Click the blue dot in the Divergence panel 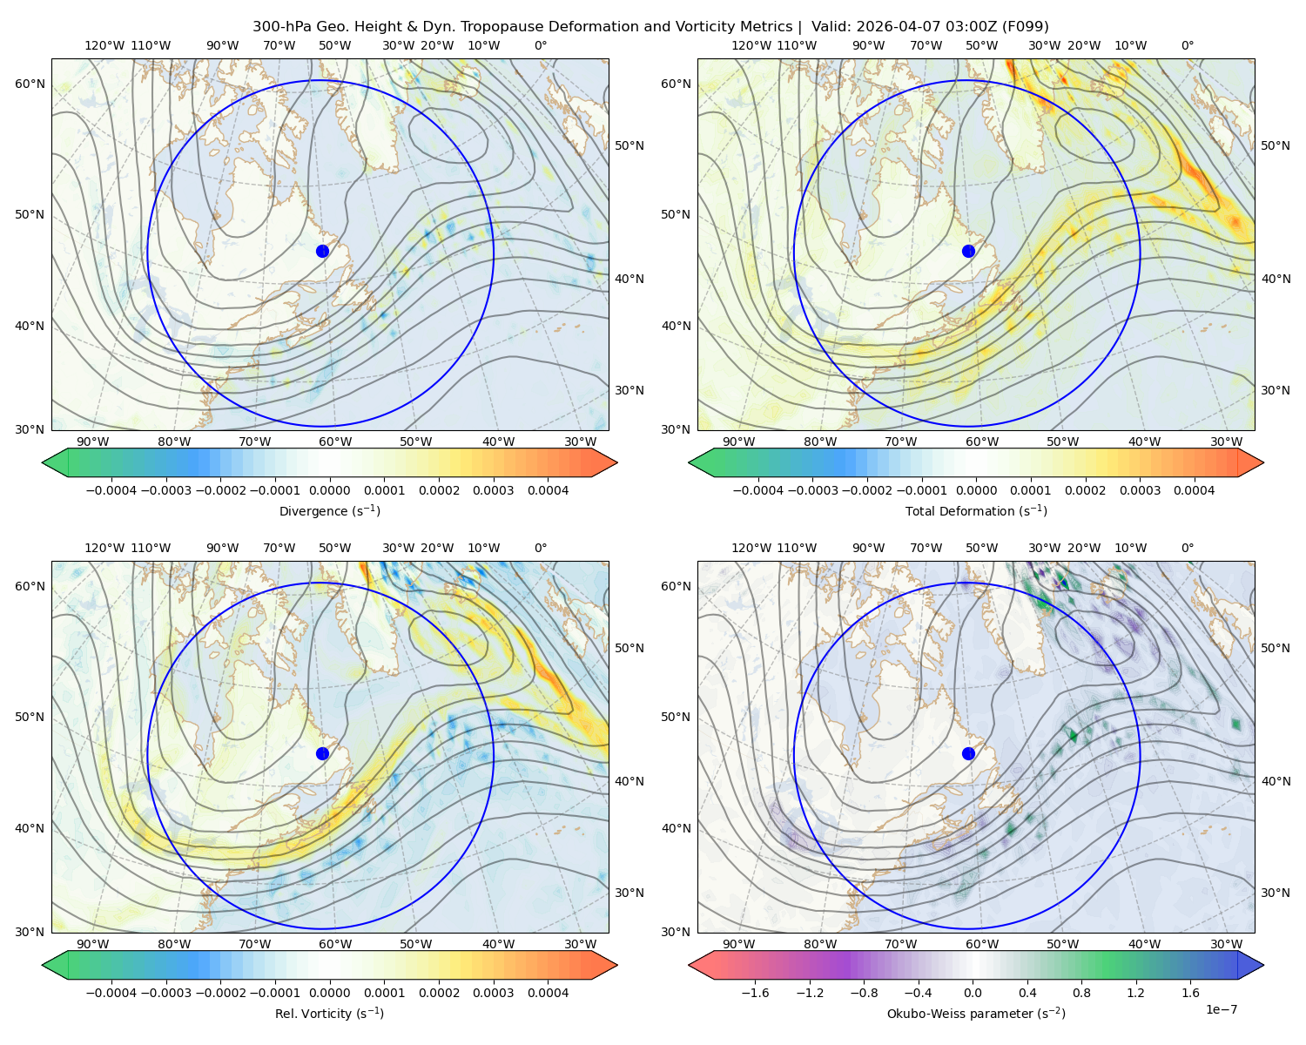(322, 252)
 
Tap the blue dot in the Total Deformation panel (968, 252)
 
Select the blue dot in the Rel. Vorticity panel (322, 753)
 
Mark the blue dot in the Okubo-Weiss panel (968, 753)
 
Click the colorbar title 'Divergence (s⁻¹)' (329, 511)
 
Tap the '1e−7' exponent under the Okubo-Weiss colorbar (1221, 1009)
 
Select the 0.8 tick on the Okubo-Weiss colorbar (1081, 993)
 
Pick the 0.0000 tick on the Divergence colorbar (329, 490)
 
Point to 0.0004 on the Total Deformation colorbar (1195, 490)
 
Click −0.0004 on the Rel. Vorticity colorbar (111, 993)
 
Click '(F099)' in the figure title (1025, 27)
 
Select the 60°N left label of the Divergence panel (30, 84)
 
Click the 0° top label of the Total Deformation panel (1188, 45)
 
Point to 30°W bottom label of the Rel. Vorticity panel (580, 944)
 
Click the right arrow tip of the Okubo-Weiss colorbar (1263, 965)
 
